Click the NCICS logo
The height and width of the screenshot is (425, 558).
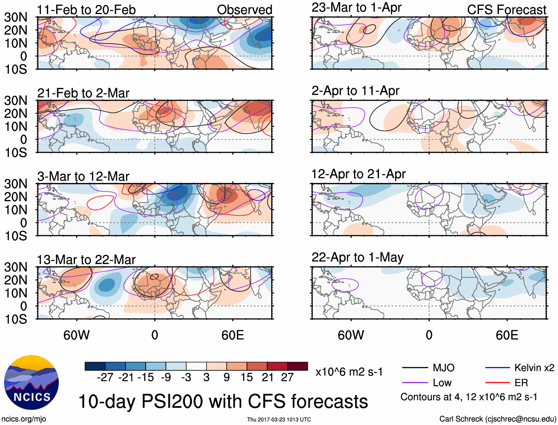pyautogui.click(x=31, y=382)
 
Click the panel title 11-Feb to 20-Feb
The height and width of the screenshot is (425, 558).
pyautogui.click(x=86, y=10)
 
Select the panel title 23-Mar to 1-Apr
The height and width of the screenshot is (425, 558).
pyautogui.click(x=356, y=7)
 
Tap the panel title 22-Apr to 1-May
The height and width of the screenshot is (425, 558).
pyautogui.click(x=357, y=257)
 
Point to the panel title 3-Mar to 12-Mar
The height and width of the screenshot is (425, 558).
pyautogui.click(x=83, y=176)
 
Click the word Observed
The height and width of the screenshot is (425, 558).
pyautogui.click(x=244, y=10)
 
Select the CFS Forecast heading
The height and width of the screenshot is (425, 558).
pyautogui.click(x=506, y=10)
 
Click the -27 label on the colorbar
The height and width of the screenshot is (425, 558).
pyautogui.click(x=105, y=377)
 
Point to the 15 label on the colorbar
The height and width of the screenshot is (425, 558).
pyautogui.click(x=247, y=377)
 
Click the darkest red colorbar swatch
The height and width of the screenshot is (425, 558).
pyautogui.click(x=297, y=366)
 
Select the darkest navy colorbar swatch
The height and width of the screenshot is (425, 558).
pyautogui.click(x=95, y=366)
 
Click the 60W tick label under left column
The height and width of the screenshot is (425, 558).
pyautogui.click(x=76, y=335)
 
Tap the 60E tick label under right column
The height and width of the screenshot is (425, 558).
pyautogui.click(x=507, y=335)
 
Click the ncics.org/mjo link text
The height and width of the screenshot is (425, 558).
pyautogui.click(x=24, y=419)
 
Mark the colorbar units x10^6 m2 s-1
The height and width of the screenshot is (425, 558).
pyautogui.click(x=349, y=372)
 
